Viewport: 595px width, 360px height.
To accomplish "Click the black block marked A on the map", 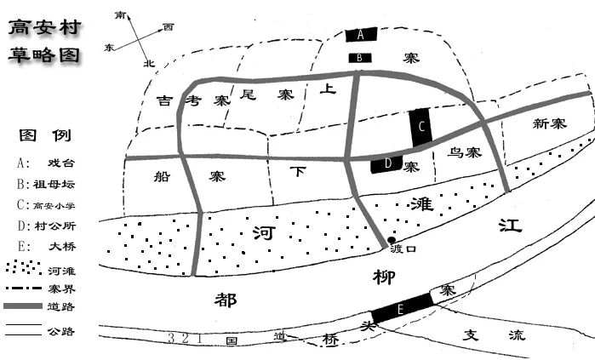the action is click(x=361, y=35).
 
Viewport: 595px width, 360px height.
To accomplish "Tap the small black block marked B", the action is click(x=361, y=58).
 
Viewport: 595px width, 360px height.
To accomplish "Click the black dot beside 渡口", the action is click(x=392, y=241).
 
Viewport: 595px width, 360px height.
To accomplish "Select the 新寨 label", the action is click(x=548, y=124).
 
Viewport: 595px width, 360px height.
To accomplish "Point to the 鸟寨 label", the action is click(x=464, y=153).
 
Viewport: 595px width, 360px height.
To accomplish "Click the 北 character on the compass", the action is click(x=149, y=63).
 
